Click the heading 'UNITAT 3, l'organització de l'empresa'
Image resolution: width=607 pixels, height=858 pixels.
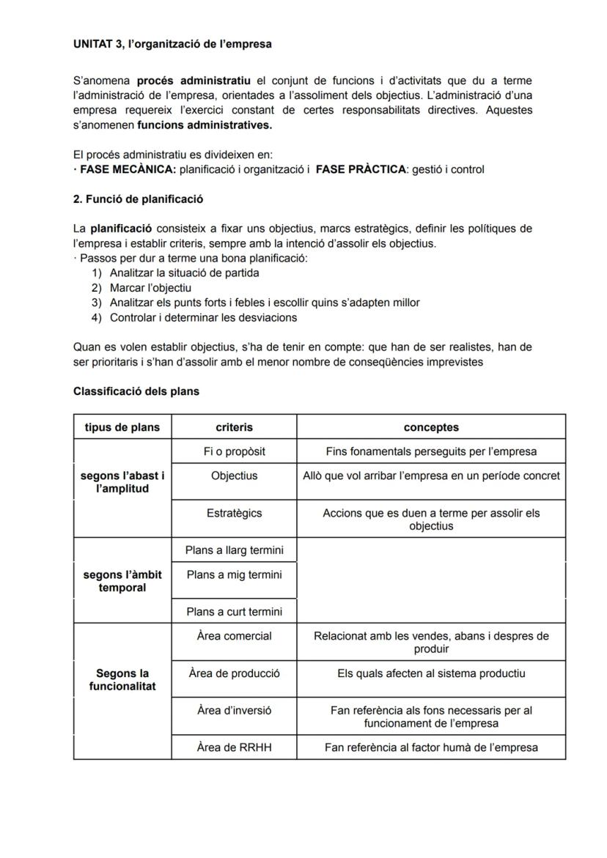[172, 44]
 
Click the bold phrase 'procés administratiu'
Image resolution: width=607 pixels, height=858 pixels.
[194, 81]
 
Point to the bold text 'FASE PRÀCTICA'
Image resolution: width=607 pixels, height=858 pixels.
[361, 169]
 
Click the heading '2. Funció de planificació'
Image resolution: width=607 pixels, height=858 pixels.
[139, 199]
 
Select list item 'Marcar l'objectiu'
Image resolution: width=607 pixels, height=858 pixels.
[150, 288]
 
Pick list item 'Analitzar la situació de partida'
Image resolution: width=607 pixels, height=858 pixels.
[184, 273]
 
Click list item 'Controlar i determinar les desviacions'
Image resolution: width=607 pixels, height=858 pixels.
[203, 317]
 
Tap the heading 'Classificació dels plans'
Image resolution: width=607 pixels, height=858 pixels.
[136, 391]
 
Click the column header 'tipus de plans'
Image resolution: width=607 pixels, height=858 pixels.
[122, 427]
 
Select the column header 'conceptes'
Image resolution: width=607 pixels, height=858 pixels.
[431, 427]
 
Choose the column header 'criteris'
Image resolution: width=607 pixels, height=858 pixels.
[234, 427]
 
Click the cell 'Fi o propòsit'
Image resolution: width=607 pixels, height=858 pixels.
[234, 451]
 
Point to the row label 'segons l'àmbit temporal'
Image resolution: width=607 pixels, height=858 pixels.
[122, 581]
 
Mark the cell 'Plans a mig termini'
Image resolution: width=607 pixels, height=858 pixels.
[234, 574]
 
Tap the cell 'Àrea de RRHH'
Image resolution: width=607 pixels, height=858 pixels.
[234, 747]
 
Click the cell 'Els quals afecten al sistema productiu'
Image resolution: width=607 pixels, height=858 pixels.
[431, 673]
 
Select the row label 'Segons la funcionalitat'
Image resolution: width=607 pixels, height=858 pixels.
[122, 680]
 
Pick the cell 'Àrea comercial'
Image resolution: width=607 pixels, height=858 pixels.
[234, 636]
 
